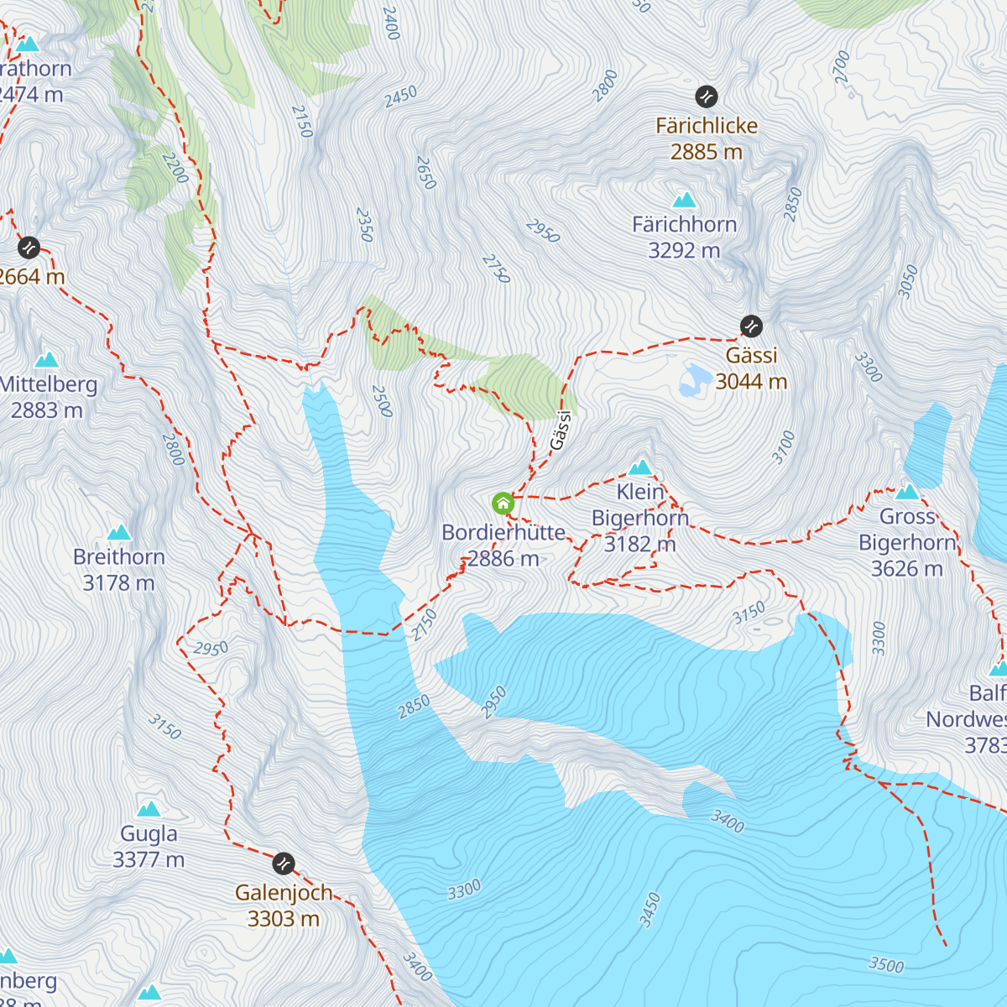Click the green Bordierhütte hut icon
pyautogui.click(x=503, y=503)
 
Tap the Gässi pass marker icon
pyautogui.click(x=751, y=326)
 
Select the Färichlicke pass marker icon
pyautogui.click(x=707, y=97)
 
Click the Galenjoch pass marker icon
pyautogui.click(x=284, y=863)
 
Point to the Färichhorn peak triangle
pyautogui.click(x=685, y=200)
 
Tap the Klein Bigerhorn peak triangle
pyautogui.click(x=640, y=467)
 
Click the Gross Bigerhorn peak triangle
pyautogui.click(x=907, y=492)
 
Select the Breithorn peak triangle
pyautogui.click(x=119, y=532)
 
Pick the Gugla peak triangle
pyautogui.click(x=149, y=809)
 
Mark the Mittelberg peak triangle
pyautogui.click(x=46, y=360)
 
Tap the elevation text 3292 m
pyautogui.click(x=684, y=250)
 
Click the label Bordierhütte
pyautogui.click(x=503, y=532)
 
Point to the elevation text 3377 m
pyautogui.click(x=149, y=859)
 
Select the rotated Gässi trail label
pyautogui.click(x=561, y=430)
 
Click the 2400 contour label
pyautogui.click(x=390, y=23)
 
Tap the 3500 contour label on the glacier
pyautogui.click(x=886, y=964)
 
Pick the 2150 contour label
pyautogui.click(x=302, y=122)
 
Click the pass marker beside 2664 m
pyautogui.click(x=29, y=248)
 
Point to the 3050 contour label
pyautogui.click(x=908, y=281)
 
